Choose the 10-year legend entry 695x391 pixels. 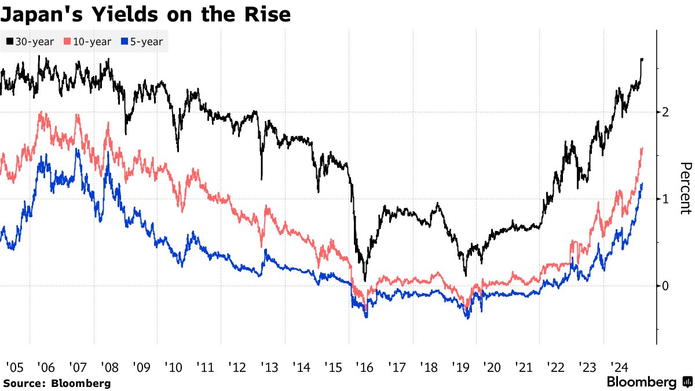(90, 42)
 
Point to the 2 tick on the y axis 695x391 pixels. (666, 112)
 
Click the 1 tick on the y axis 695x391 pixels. (666, 199)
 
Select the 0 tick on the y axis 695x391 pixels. (666, 286)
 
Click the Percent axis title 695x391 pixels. (685, 188)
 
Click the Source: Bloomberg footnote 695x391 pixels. (57, 383)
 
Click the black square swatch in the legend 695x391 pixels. (10, 42)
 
